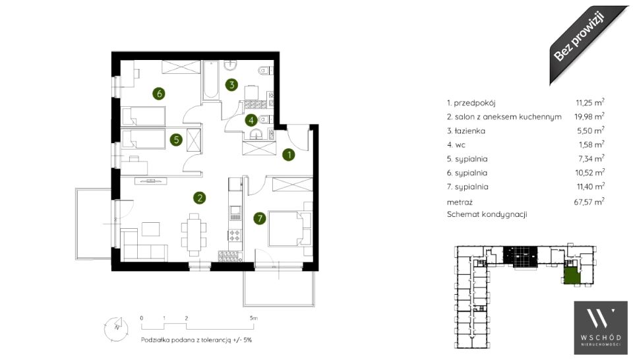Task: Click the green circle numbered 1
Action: (x=289, y=154)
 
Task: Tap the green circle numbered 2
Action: (x=199, y=198)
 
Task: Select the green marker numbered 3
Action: (x=231, y=85)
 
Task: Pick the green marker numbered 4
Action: (x=251, y=120)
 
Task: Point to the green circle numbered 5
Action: (x=176, y=140)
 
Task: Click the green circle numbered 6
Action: (x=159, y=94)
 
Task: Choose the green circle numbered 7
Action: (x=260, y=219)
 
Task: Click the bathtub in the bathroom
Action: (x=211, y=80)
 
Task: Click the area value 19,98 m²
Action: (x=589, y=116)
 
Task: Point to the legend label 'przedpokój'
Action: (x=474, y=104)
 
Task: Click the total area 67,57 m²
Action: (x=589, y=201)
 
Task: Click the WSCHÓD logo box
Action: (x=601, y=327)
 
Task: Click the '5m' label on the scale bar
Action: (x=253, y=318)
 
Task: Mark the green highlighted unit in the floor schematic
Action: (x=571, y=277)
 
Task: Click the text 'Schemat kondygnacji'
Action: (x=487, y=214)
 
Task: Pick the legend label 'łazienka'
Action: (x=470, y=131)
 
